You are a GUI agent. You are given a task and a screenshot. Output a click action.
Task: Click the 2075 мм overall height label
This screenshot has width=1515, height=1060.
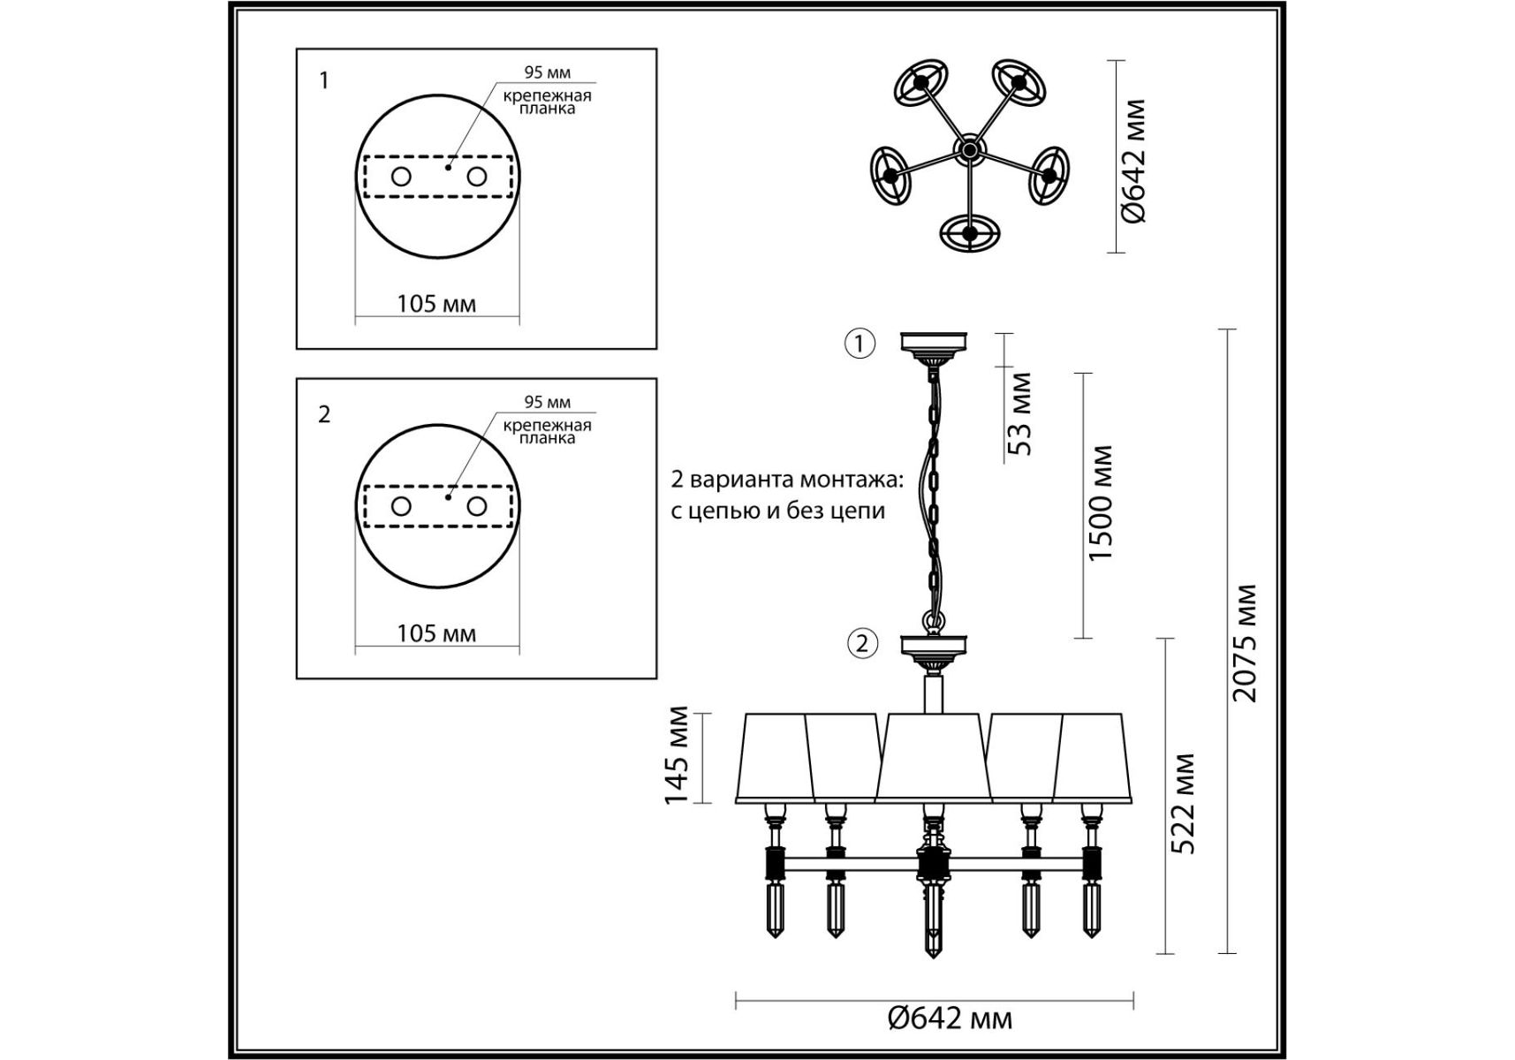(x=1244, y=643)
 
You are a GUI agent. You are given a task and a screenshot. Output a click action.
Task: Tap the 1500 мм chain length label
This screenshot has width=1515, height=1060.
(x=1100, y=503)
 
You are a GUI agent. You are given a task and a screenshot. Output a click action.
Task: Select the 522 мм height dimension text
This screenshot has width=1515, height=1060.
(x=1183, y=804)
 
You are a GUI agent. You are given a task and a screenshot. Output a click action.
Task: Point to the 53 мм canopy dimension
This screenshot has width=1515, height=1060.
(x=1019, y=413)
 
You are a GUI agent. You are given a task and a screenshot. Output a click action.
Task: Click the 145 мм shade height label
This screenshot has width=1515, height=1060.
(x=676, y=755)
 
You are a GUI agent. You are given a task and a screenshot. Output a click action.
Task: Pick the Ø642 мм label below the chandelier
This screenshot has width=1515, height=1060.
(x=950, y=1018)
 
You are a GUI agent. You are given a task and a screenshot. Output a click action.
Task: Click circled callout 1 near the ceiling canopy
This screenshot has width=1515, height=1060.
(x=860, y=343)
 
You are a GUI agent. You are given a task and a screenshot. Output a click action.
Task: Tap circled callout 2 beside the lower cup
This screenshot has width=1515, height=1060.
(x=862, y=643)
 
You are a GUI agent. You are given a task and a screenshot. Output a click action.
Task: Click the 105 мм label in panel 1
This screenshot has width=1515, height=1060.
(x=436, y=304)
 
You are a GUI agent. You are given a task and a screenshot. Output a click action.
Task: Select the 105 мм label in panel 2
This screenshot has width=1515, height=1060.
(x=436, y=633)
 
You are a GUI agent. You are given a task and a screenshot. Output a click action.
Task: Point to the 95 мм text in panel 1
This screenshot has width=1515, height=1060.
(x=548, y=72)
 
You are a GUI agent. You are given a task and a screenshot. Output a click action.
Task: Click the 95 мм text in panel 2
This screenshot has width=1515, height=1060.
(x=548, y=402)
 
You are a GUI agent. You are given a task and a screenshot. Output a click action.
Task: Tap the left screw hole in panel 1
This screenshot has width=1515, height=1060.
(x=401, y=177)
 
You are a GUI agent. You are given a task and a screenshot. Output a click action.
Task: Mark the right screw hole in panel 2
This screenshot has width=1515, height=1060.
(x=477, y=506)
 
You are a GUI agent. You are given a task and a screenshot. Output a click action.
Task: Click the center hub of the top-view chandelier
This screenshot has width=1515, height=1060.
(x=969, y=151)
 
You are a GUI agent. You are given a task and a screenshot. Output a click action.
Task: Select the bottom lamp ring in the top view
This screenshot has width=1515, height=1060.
(x=970, y=233)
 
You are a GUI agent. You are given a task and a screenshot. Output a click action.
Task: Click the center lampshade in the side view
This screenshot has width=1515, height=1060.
(x=933, y=757)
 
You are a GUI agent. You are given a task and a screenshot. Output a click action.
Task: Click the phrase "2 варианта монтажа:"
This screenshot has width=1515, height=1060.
(x=787, y=480)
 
